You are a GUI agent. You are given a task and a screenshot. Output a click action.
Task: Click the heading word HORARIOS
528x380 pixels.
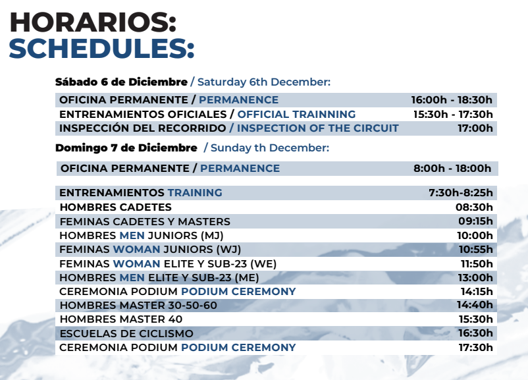click(90, 22)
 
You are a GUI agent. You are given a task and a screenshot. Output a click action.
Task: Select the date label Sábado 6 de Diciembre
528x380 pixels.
click(121, 82)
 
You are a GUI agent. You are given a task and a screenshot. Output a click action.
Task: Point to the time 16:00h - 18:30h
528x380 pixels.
click(452, 99)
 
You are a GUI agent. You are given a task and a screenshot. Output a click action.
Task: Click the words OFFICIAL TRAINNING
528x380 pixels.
click(296, 114)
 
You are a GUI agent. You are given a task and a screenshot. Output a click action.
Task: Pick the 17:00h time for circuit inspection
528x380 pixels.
click(475, 128)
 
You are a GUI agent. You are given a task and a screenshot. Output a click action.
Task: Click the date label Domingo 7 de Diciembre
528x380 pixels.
click(126, 148)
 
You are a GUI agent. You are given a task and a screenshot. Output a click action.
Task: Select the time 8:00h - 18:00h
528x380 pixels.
click(452, 168)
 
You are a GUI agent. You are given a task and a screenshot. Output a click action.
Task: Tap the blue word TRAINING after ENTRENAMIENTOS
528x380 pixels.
click(195, 192)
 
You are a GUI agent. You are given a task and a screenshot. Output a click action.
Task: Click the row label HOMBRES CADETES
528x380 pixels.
click(115, 207)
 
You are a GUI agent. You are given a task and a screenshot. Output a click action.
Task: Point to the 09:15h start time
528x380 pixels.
click(475, 221)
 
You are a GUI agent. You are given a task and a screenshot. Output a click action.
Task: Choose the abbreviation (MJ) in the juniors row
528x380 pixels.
click(212, 235)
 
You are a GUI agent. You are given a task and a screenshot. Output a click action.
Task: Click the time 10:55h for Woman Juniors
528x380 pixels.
click(475, 250)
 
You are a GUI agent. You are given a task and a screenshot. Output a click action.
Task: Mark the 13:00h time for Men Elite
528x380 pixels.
click(475, 277)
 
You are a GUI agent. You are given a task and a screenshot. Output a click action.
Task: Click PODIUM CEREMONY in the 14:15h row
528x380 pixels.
click(238, 291)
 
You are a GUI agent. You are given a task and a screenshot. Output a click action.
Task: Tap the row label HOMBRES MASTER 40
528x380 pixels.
click(121, 319)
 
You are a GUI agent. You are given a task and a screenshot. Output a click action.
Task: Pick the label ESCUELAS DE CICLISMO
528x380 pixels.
click(126, 333)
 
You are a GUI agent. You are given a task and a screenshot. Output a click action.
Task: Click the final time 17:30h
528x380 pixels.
click(475, 347)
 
